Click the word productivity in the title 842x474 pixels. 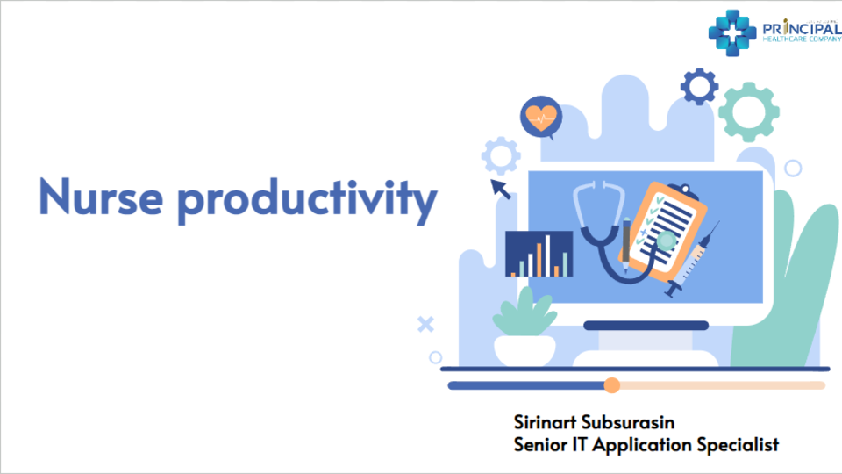[x=306, y=200]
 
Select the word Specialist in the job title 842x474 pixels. [x=737, y=444]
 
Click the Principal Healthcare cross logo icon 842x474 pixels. [x=731, y=32]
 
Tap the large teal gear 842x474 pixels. [x=748, y=111]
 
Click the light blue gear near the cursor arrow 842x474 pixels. [x=501, y=156]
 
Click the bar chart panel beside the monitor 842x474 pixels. [x=539, y=255]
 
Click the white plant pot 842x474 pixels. [x=524, y=350]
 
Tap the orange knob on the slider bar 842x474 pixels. [x=612, y=385]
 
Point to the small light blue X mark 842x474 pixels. [x=425, y=325]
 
